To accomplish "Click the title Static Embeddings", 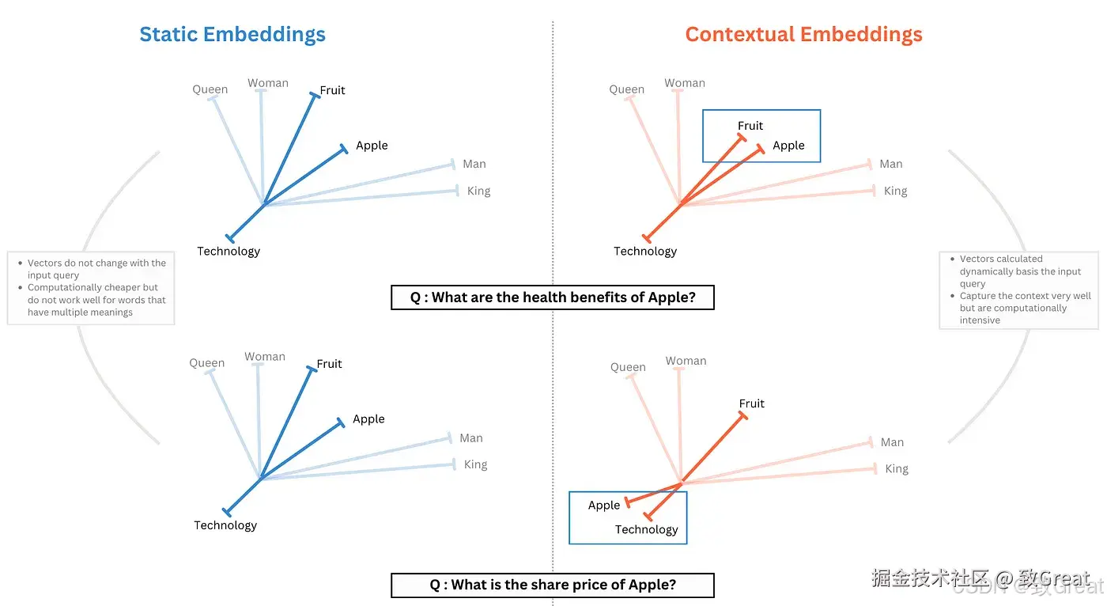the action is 232,35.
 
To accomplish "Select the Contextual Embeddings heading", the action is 803,35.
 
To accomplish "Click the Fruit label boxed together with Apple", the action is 750,126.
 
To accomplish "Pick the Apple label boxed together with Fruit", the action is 788,146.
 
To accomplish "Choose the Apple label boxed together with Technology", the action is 604,506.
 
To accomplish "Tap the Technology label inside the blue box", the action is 646,530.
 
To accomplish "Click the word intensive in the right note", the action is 980,320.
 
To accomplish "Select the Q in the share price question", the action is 435,585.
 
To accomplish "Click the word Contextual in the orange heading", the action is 740,35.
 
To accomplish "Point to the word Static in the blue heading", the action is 168,35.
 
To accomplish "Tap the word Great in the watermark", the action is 1064,578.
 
